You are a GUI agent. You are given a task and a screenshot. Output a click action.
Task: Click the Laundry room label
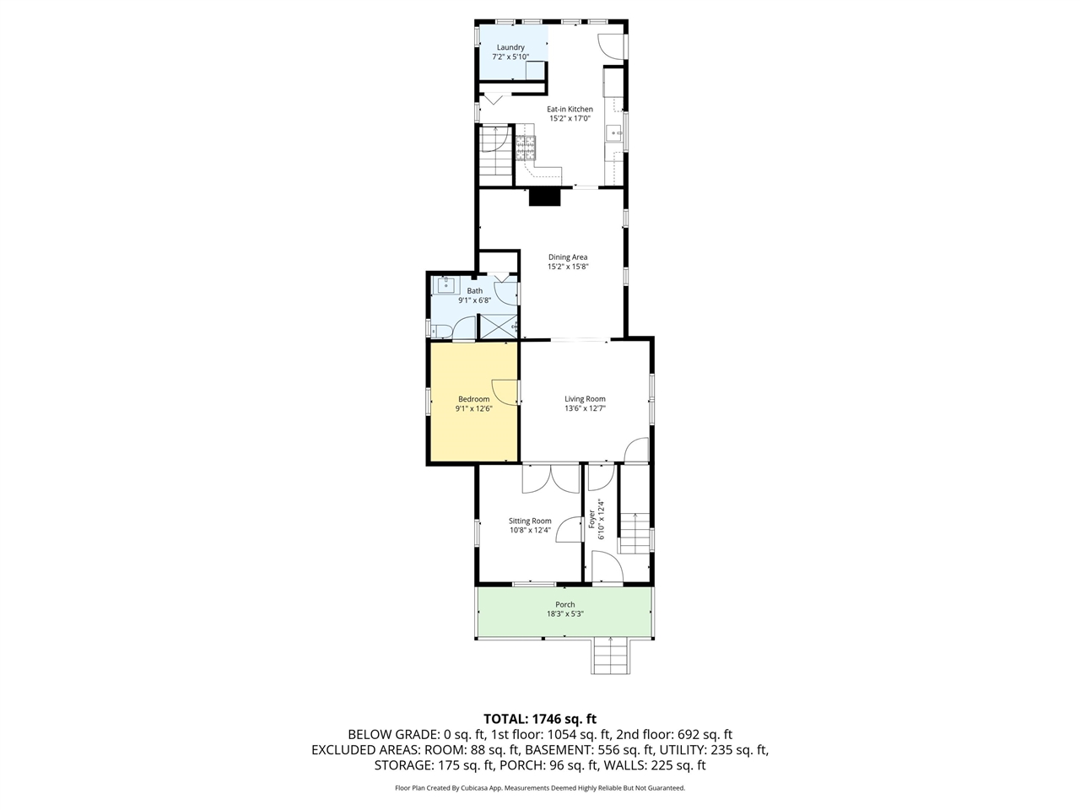[x=510, y=47]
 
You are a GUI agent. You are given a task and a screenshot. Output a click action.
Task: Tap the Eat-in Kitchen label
[x=570, y=109]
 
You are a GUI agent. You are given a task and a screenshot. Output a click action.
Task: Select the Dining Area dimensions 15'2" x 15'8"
[x=568, y=267]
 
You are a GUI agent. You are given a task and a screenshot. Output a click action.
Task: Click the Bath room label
[x=474, y=290]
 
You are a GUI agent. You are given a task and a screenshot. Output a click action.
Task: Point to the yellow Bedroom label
[x=474, y=399]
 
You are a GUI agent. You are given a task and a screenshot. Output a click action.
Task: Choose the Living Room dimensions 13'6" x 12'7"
[x=585, y=408]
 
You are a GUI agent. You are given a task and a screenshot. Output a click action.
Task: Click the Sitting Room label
[x=530, y=521]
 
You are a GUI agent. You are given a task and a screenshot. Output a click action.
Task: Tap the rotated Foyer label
[x=592, y=519]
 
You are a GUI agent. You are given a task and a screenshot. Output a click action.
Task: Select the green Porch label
[x=564, y=604]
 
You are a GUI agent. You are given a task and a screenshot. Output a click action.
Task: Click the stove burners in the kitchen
[x=526, y=148]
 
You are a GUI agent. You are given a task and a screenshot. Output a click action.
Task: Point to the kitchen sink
[x=613, y=132]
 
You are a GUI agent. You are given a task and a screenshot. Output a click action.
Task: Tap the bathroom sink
[x=445, y=284]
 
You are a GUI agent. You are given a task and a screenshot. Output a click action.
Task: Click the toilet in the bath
[x=441, y=331]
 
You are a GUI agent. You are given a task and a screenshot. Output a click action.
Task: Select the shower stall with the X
[x=498, y=326]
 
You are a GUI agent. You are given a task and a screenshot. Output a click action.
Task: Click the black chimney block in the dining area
[x=545, y=197]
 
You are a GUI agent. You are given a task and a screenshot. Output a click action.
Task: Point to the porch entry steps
[x=611, y=656]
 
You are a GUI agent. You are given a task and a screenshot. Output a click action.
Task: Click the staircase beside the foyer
[x=634, y=533]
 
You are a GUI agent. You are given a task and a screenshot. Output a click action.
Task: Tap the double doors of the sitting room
[x=551, y=478]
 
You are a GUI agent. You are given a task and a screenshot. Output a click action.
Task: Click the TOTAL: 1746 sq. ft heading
[x=540, y=719]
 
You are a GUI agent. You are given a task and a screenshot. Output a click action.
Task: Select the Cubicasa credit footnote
[x=540, y=788]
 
